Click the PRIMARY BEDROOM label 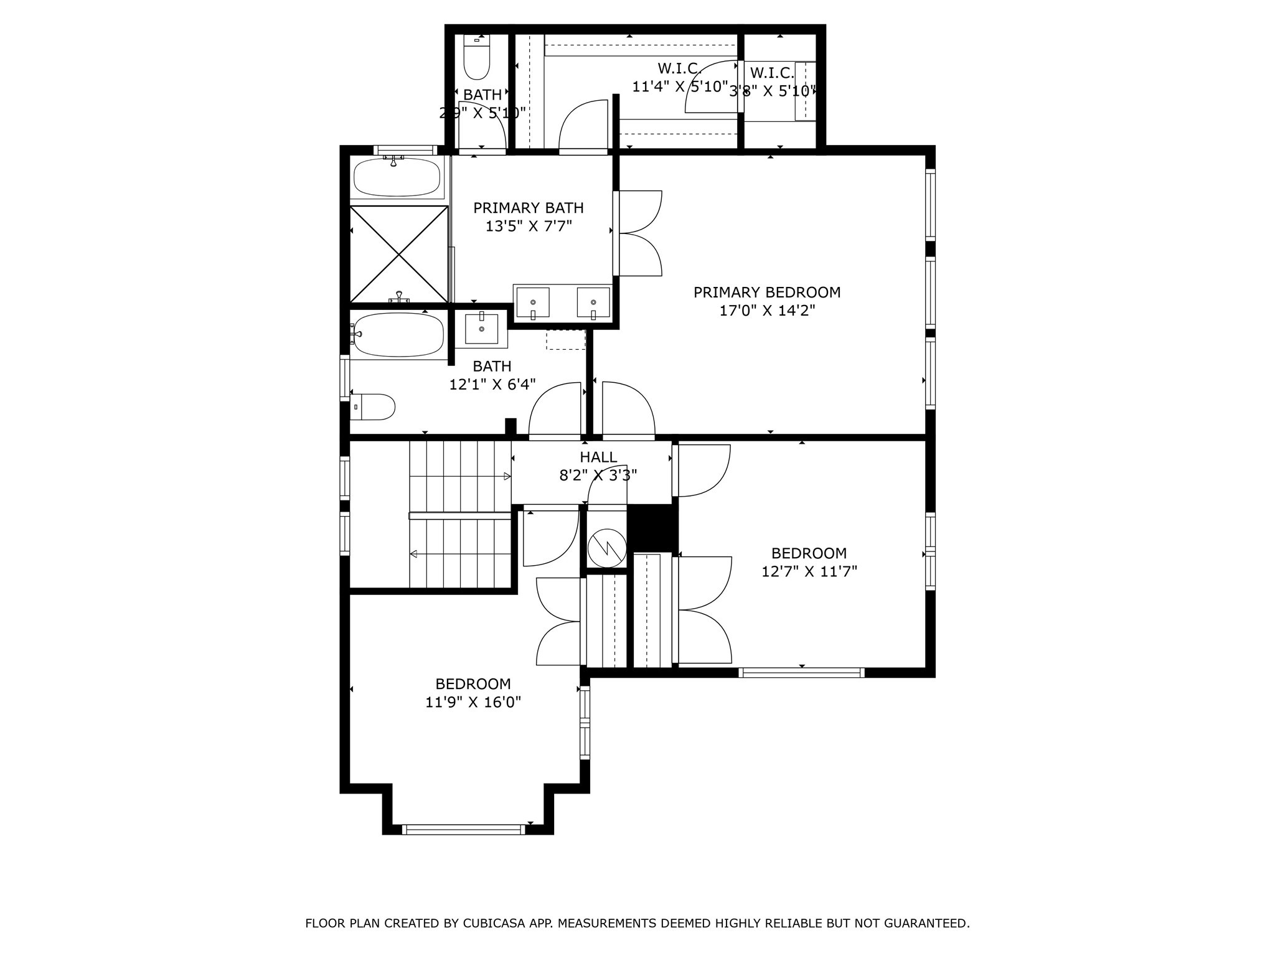767,292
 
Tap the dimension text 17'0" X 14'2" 767,310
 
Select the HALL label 598,457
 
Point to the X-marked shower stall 398,254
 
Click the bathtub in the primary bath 397,177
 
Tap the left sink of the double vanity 533,302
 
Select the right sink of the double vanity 593,302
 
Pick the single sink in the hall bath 481,329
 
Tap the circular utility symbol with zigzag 607,548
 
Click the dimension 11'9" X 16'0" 473,702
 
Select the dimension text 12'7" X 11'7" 809,571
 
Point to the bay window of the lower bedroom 464,829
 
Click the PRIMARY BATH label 529,208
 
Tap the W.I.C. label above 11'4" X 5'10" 680,67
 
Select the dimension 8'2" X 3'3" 598,476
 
